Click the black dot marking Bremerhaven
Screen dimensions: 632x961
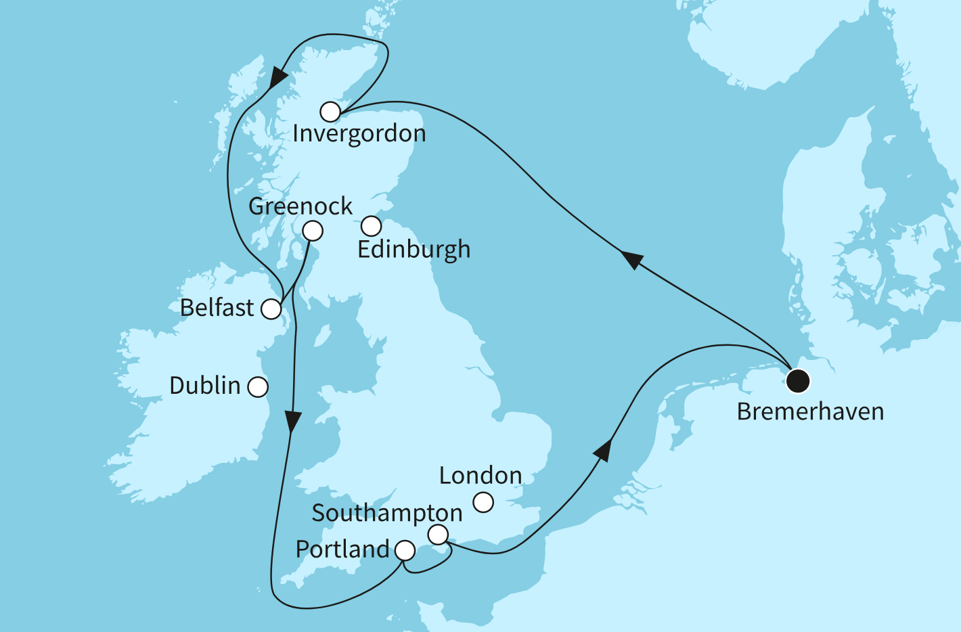[x=798, y=381]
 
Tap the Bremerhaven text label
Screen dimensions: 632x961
[x=810, y=411]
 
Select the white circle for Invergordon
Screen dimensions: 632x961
[x=330, y=112]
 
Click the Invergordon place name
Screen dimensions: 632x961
[x=359, y=134]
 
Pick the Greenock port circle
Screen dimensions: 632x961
[x=312, y=231]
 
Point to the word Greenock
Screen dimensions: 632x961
[x=300, y=206]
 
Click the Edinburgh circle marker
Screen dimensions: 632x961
[x=371, y=225]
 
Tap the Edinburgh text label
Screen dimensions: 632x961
[x=414, y=250]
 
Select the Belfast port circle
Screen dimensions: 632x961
[x=271, y=309]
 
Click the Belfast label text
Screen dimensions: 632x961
[x=217, y=308]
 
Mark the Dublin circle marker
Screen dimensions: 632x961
[x=258, y=387]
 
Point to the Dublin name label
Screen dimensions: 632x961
[x=205, y=386]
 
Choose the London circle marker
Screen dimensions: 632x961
[x=483, y=502]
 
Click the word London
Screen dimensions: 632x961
[x=480, y=476]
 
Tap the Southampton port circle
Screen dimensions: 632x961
[x=439, y=535]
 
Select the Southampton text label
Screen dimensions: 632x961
[x=387, y=514]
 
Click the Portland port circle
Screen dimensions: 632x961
[x=405, y=551]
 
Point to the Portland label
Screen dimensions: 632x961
[x=342, y=549]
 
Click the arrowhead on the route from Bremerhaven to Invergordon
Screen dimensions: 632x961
[x=631, y=259]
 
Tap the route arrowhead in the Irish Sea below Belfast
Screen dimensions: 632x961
[x=292, y=422]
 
